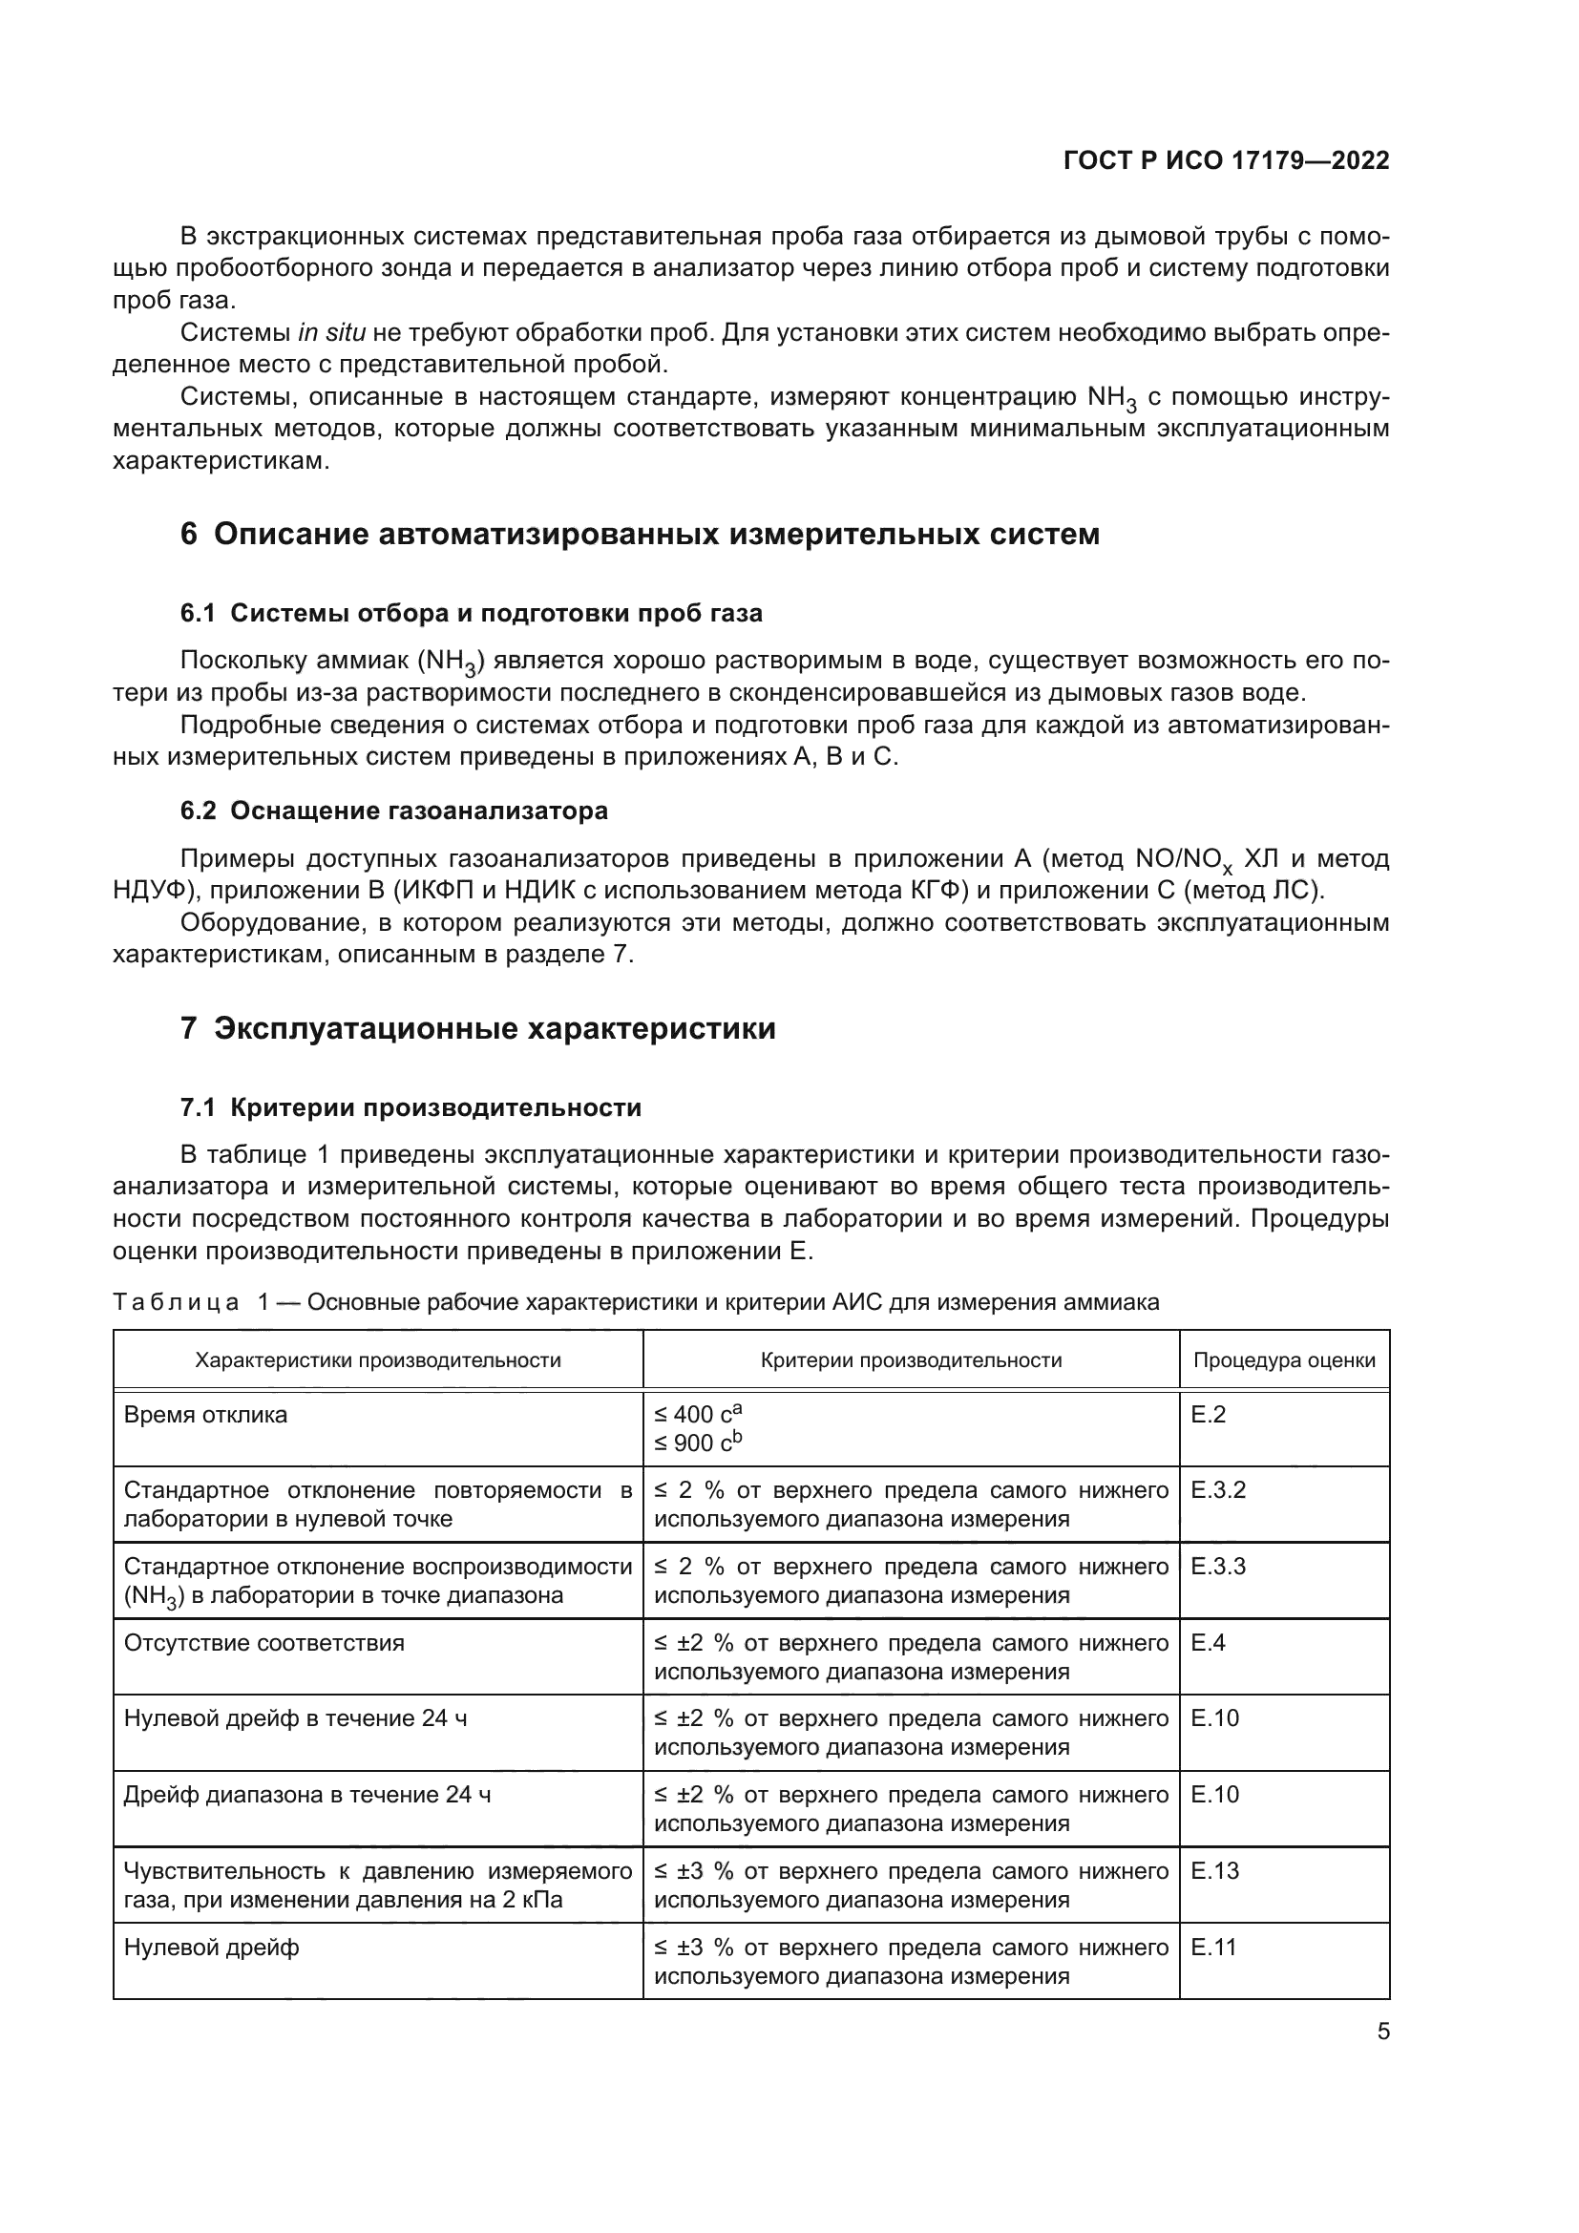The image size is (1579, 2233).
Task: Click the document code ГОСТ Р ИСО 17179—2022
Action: coord(1226,161)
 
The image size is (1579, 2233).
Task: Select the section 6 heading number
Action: coord(189,535)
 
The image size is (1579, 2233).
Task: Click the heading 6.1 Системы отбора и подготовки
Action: coord(472,614)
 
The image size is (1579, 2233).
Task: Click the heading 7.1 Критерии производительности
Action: coord(411,1108)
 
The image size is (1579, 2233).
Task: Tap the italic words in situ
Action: coord(331,333)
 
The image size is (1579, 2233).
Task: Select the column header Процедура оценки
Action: coord(1283,1359)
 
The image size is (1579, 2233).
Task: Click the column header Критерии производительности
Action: coord(910,1359)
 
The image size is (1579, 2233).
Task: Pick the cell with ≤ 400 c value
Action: coord(698,1415)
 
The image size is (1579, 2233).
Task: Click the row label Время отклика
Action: coord(206,1415)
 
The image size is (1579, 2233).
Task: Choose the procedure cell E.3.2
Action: coord(1217,1491)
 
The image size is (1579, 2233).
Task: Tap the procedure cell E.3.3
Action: coord(1217,1567)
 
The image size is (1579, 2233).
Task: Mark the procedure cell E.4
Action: coord(1208,1644)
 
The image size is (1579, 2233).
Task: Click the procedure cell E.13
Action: coord(1214,1871)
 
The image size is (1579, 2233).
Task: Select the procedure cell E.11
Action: coord(1213,1949)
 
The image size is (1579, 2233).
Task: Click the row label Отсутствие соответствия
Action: coord(264,1644)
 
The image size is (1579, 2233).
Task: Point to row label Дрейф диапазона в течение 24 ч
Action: coord(307,1796)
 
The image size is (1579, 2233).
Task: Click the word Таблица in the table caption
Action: coord(175,1303)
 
